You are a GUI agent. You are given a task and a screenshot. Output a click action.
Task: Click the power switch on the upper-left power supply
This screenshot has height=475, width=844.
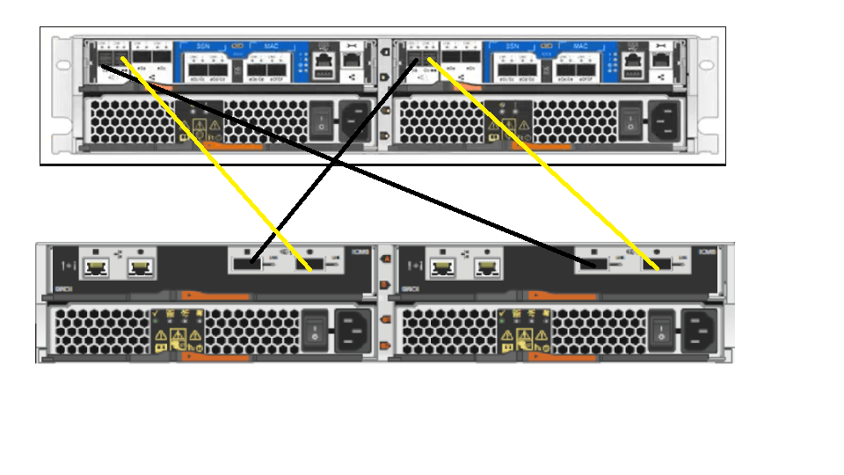click(x=322, y=120)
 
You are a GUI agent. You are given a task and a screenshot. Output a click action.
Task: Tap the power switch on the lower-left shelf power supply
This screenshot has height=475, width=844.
click(x=314, y=332)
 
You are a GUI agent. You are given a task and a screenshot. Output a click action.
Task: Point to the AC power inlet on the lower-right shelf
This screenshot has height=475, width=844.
click(x=700, y=331)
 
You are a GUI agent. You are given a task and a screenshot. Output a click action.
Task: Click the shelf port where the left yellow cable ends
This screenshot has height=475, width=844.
click(x=317, y=263)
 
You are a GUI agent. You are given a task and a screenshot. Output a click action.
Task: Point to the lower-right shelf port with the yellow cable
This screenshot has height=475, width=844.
click(x=654, y=263)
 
